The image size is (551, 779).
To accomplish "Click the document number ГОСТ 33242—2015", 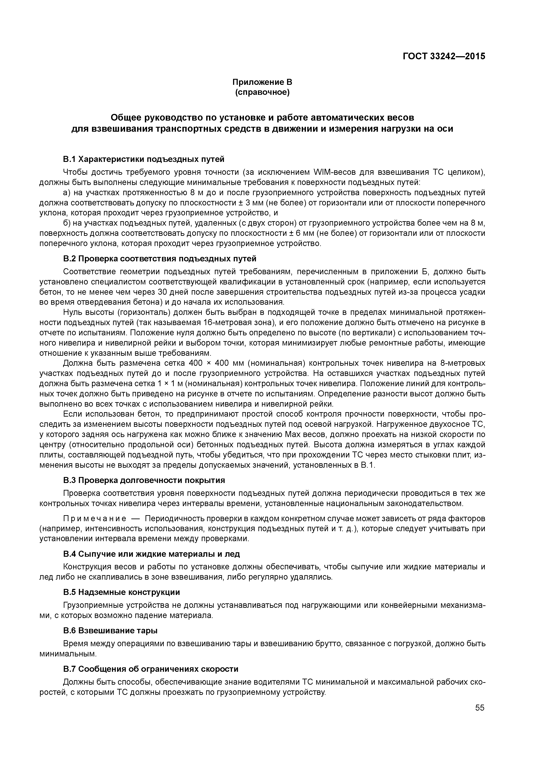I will coord(444,56).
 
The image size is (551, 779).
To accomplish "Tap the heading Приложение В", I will coord(262,82).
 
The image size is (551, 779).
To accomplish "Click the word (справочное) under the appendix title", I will coord(262,92).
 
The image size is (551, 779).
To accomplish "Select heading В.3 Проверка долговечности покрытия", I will coord(144,480).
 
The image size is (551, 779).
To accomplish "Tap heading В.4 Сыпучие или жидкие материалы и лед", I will coord(152,554).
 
